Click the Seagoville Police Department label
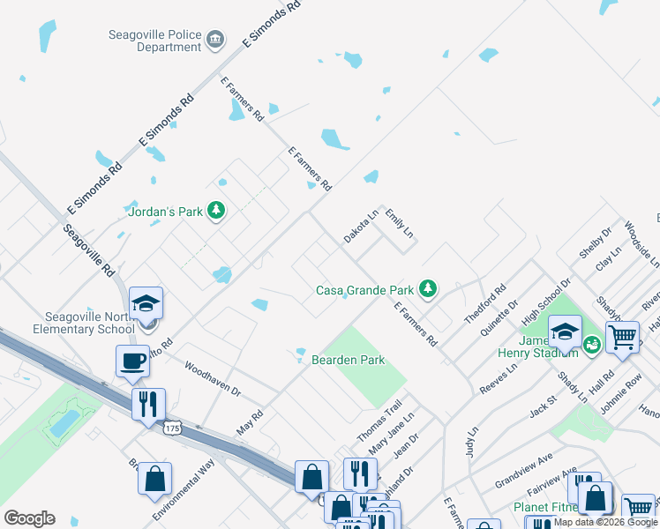(154, 41)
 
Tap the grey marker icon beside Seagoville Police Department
(214, 40)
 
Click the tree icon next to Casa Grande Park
(428, 288)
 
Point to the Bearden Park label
(347, 360)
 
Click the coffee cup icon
(132, 360)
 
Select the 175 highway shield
(174, 428)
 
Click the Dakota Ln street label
(361, 227)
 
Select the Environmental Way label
(184, 489)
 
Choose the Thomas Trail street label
(379, 422)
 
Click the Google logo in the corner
(29, 518)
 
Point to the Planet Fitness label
(544, 508)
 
